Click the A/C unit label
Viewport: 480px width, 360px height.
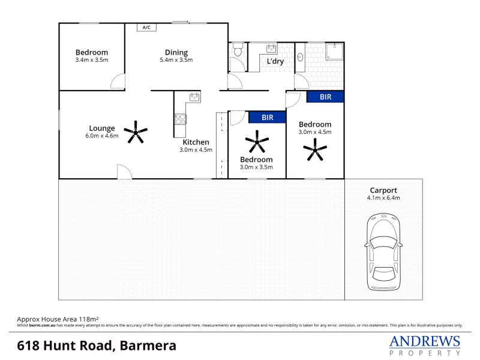[146, 28]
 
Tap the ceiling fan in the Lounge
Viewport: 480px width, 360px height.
[136, 132]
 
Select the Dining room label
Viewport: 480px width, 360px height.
[176, 52]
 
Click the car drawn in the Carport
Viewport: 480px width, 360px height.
[383, 252]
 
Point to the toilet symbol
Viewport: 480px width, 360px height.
[238, 49]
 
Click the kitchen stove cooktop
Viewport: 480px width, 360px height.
[181, 119]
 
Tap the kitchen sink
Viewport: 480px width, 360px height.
[194, 97]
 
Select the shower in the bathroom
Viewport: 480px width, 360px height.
[334, 52]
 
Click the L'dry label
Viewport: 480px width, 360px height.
[275, 61]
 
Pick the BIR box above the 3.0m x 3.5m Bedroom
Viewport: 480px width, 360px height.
[267, 117]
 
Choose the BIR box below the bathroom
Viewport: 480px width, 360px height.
[325, 97]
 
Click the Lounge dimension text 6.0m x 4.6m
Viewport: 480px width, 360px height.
[102, 136]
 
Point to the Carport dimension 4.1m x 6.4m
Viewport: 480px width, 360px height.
[383, 198]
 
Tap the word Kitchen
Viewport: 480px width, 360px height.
[196, 142]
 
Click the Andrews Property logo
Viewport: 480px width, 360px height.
[425, 346]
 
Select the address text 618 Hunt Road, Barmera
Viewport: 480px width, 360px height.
[97, 346]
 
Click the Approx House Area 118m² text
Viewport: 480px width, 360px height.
[58, 319]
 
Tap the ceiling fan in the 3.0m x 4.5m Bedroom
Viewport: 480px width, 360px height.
[315, 149]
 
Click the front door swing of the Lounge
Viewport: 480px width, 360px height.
[125, 172]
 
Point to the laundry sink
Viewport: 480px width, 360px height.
[271, 49]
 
